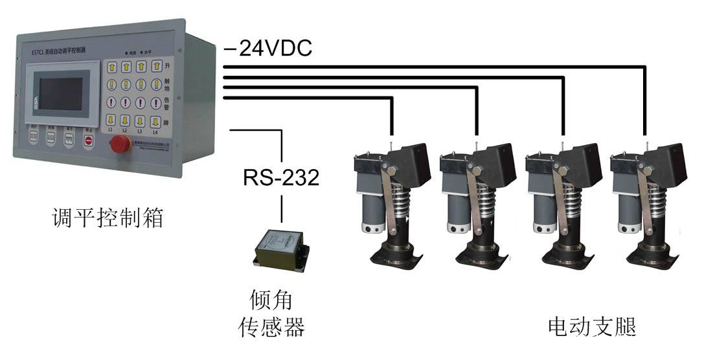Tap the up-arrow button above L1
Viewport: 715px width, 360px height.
pos(111,66)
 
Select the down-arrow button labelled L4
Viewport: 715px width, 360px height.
pos(155,120)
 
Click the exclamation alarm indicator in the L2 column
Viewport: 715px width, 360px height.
pos(126,102)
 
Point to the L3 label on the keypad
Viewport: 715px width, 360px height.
pos(141,131)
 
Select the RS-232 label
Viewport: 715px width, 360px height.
pos(281,177)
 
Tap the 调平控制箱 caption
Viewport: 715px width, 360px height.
pos(108,218)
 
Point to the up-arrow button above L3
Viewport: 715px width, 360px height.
pos(141,66)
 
